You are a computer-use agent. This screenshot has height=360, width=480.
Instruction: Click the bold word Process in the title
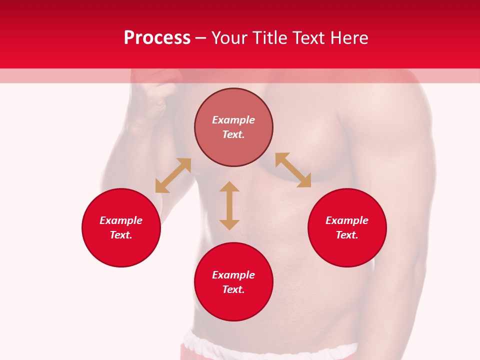(157, 38)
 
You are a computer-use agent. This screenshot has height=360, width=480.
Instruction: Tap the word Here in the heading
(348, 38)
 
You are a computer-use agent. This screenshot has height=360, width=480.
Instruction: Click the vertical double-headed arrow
(229, 205)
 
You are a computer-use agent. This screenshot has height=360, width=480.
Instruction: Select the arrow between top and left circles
(173, 175)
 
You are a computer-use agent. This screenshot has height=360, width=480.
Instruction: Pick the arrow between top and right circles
(293, 170)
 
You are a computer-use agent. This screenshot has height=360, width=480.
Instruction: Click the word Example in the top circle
(233, 120)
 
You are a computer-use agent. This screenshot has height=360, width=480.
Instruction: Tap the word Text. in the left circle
(121, 235)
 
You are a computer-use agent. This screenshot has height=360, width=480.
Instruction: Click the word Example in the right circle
(347, 220)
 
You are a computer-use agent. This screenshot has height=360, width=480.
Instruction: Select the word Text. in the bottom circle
(233, 289)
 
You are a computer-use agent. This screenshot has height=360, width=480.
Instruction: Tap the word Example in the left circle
(121, 220)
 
